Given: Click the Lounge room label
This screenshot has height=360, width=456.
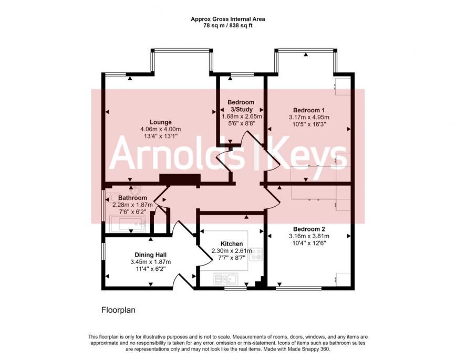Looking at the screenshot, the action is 161,122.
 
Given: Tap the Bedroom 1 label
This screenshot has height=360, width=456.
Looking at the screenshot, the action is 309,110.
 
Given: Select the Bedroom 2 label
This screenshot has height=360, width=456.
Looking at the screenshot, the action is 309,229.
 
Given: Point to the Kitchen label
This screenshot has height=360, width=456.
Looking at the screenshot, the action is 232,244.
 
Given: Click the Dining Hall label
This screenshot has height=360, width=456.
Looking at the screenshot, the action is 151,255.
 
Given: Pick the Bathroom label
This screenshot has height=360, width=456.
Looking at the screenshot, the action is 132,198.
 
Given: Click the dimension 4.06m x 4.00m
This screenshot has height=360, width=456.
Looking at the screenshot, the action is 161,129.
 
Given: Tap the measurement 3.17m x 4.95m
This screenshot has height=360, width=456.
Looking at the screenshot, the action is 309,118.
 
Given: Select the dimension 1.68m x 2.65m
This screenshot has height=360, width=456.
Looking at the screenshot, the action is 242,117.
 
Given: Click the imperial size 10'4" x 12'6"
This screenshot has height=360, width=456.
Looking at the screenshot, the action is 309,243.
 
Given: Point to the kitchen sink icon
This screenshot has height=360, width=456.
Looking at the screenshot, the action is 226,279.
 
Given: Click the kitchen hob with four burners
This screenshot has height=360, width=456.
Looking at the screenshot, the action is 256,254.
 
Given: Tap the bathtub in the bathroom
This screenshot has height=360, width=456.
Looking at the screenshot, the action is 128,224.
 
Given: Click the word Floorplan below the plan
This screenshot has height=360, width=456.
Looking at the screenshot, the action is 118,310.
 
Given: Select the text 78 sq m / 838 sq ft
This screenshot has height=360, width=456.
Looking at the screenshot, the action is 227,26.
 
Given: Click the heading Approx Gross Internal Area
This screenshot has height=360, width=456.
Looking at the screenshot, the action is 227,19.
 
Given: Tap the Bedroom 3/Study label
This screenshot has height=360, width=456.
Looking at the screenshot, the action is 241,106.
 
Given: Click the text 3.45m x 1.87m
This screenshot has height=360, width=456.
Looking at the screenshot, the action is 151,262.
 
